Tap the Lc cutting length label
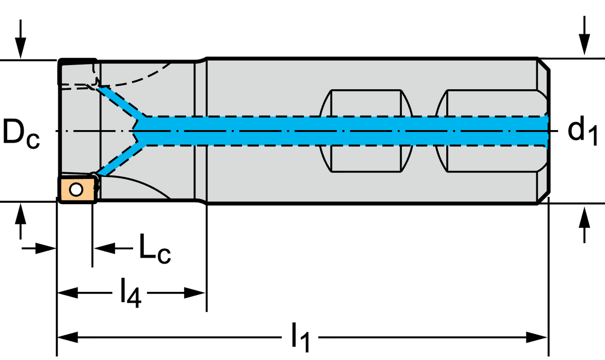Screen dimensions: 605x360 [155, 249]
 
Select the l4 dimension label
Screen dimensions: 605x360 [131, 293]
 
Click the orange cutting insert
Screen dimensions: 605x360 [78, 190]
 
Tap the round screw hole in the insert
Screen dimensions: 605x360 [76, 190]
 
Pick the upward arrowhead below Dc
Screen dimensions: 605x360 [21, 214]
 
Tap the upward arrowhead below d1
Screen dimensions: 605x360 [584, 217]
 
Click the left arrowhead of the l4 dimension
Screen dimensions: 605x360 [68, 293]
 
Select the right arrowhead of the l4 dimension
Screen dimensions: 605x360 [195, 293]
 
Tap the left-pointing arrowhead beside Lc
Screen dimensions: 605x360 [104, 248]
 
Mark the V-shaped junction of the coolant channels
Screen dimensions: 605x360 [138, 131]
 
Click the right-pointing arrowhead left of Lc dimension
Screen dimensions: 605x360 [45, 248]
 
